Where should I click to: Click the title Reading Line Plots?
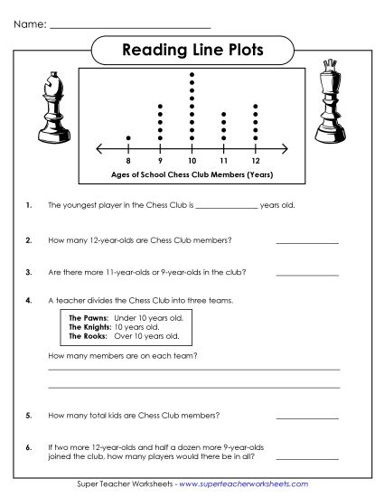point(192,51)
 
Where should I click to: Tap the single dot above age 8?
point(128,138)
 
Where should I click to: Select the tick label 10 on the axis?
point(192,160)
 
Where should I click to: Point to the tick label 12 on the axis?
point(256,160)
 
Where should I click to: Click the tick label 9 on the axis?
point(160,160)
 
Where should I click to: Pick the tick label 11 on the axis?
point(224,160)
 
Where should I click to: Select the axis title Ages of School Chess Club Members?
point(192,173)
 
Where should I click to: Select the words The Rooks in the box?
point(88,336)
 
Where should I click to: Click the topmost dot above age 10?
point(192,74)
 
